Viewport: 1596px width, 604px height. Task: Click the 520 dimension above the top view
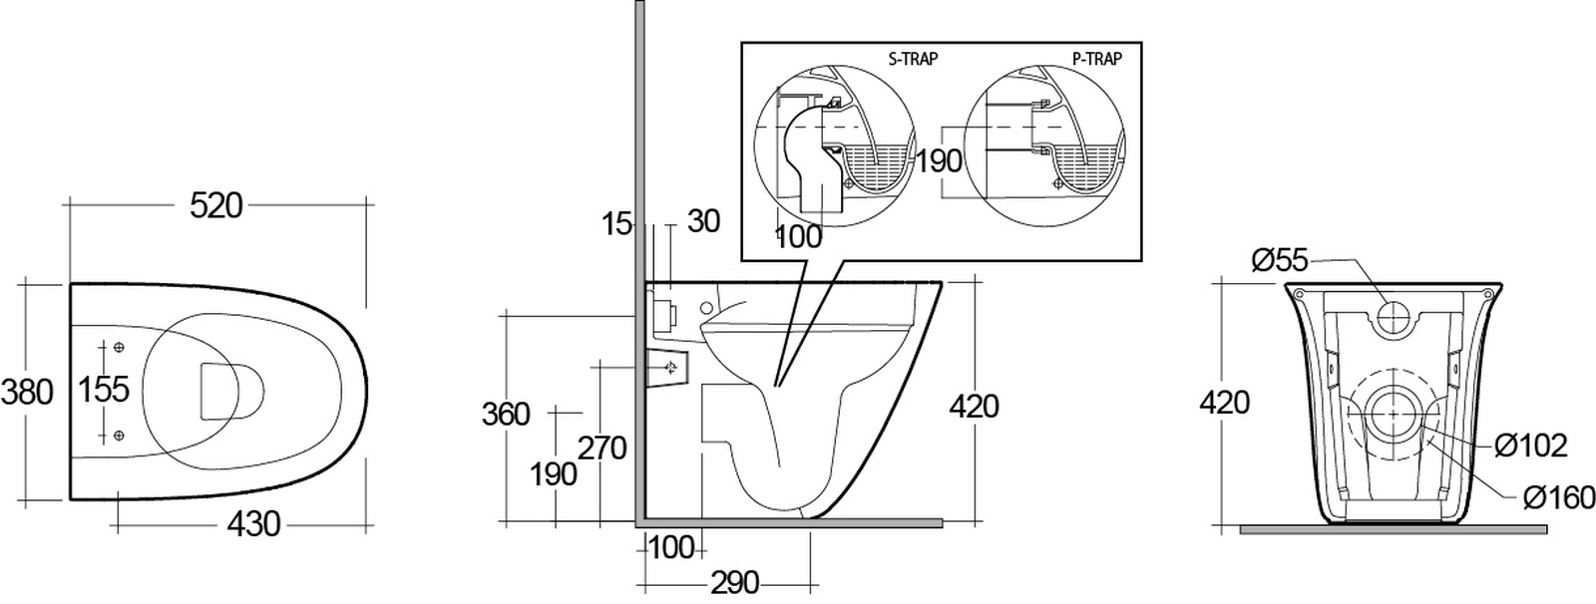(x=216, y=206)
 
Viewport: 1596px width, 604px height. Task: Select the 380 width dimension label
(x=27, y=393)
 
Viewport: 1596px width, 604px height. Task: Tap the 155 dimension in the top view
(x=104, y=390)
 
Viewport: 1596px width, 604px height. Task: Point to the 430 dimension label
(x=254, y=525)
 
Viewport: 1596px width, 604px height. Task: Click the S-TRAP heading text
(x=913, y=59)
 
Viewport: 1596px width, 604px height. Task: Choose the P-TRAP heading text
(x=1097, y=59)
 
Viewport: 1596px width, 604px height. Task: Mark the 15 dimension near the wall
(x=617, y=224)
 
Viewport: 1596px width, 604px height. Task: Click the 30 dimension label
(x=703, y=221)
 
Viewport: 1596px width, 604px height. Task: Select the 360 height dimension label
(x=506, y=414)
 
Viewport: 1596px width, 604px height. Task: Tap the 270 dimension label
(x=602, y=449)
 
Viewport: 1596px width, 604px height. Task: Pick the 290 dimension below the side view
(x=734, y=583)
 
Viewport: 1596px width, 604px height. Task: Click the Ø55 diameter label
(x=1281, y=261)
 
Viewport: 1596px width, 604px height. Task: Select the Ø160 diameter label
(x=1559, y=498)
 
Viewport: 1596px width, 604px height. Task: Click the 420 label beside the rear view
(x=1225, y=403)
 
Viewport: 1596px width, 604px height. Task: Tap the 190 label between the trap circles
(x=939, y=161)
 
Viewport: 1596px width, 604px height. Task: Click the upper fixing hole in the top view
(x=119, y=347)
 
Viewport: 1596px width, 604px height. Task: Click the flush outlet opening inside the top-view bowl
(x=231, y=391)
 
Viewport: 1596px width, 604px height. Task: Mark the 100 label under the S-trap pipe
(x=798, y=236)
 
